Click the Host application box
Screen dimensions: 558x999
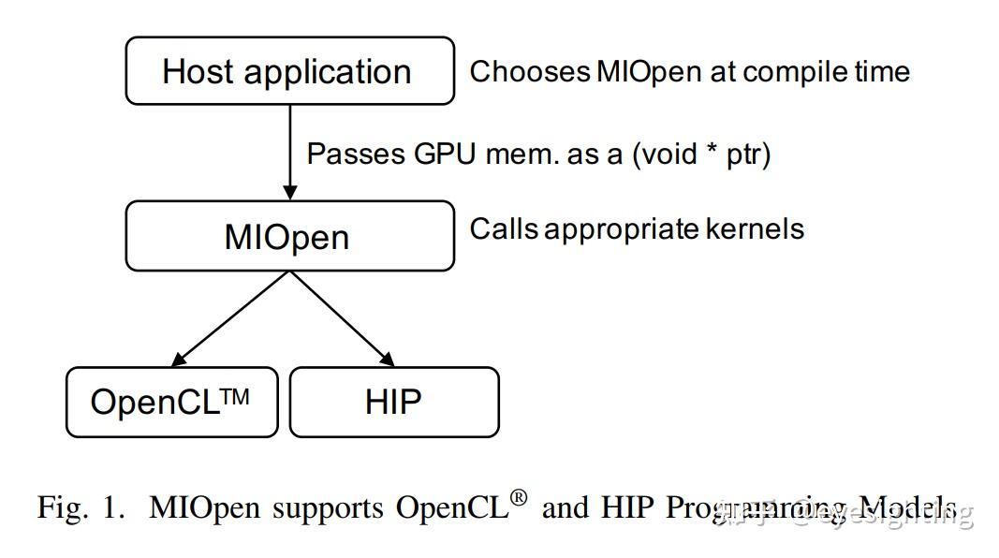(289, 71)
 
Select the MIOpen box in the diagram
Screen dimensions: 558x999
(289, 236)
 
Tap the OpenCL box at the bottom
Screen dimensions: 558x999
(171, 403)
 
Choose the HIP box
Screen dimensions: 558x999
(394, 403)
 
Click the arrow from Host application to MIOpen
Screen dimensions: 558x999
(290, 150)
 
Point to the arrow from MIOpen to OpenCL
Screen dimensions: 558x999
(232, 317)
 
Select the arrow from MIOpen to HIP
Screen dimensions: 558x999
(342, 317)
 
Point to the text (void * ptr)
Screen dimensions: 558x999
(701, 154)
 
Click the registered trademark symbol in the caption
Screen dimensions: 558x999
(518, 499)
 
